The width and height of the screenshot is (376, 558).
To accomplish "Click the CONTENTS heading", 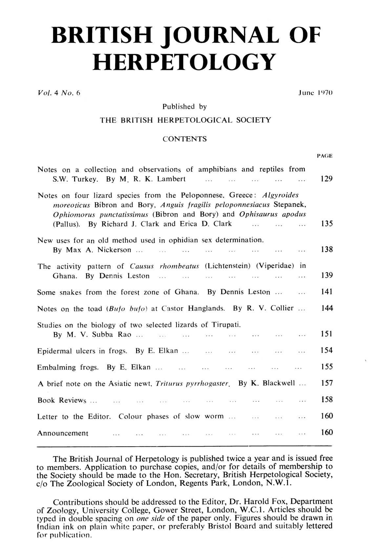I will (x=185, y=139).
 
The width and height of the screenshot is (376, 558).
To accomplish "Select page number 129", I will (x=326, y=179).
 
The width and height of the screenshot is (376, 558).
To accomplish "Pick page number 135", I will (x=326, y=224).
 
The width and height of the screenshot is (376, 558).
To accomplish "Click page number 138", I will (x=326, y=250).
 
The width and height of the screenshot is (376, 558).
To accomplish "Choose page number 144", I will (x=326, y=308).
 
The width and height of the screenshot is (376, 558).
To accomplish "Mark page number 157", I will (x=326, y=383).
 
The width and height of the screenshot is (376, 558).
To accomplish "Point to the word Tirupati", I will (x=226, y=325).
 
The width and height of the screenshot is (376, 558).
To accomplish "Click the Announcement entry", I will (x=63, y=433).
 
